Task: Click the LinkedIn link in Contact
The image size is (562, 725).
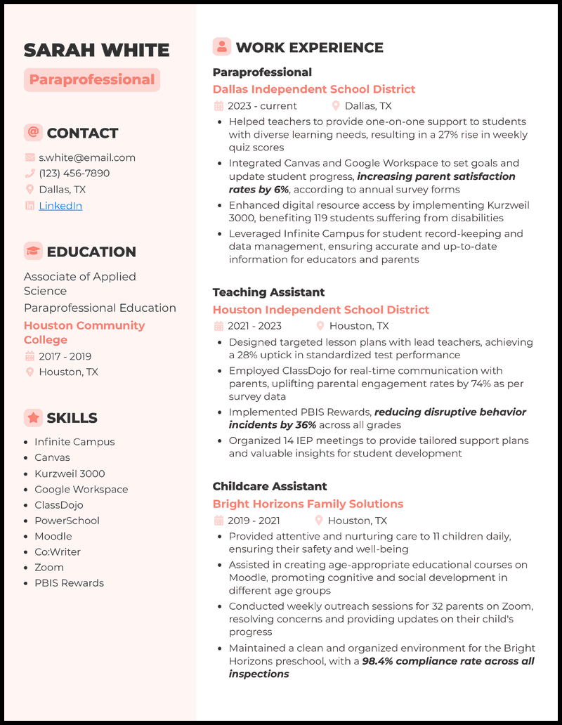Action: point(60,206)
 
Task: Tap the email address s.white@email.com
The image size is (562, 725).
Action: point(87,158)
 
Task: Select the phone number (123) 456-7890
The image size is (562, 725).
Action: point(74,174)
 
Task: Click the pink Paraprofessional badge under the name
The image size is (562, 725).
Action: point(92,80)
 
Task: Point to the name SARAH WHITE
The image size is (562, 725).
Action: point(96,50)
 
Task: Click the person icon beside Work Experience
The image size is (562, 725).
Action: point(222,47)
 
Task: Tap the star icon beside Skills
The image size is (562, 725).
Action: point(32,417)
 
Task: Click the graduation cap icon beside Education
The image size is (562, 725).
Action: point(32,251)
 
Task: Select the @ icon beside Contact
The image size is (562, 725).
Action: point(32,132)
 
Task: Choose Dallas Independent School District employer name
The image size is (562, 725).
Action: point(314,89)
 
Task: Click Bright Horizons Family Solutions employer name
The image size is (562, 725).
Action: point(308,504)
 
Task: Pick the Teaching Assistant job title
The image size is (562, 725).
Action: point(268,292)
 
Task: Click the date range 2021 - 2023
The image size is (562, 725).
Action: point(254,326)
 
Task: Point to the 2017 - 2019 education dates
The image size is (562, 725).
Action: point(65,356)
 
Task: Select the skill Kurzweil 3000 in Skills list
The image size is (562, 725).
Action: point(70,473)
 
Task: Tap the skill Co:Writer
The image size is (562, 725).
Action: point(58,552)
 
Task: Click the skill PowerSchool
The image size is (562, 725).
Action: point(67,521)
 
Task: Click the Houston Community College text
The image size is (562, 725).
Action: point(84,332)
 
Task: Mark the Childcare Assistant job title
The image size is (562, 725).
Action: point(270,486)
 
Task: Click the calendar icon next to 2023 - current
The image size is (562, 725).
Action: point(218,106)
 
